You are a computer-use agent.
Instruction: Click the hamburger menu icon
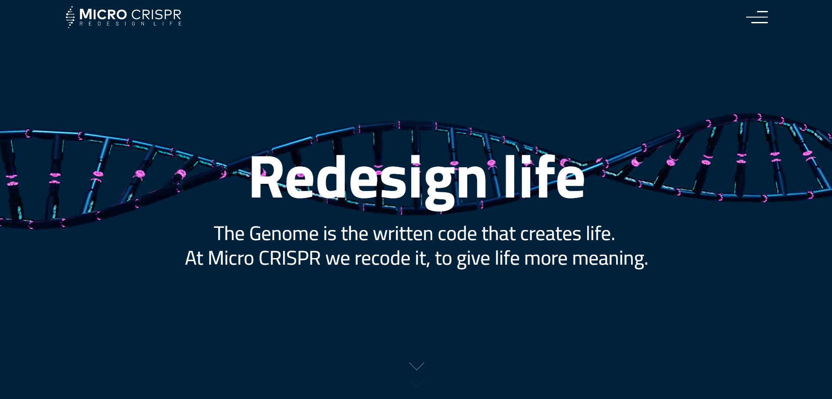[757, 17]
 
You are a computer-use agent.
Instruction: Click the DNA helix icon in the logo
[70, 17]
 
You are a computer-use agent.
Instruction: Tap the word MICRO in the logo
[103, 14]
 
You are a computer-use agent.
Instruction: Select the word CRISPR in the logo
[156, 14]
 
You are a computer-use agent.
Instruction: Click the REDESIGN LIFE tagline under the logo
[130, 24]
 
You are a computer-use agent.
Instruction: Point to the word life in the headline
[544, 178]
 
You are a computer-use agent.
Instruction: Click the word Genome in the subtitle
[283, 234]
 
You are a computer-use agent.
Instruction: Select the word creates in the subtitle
[550, 234]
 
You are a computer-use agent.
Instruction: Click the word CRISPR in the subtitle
[290, 258]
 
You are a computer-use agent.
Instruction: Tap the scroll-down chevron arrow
[416, 367]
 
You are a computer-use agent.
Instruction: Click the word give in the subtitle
[473, 258]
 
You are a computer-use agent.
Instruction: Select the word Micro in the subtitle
[230, 258]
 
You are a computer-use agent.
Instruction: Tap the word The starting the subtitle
[229, 234]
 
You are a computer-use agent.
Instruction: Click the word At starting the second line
[194, 258]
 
